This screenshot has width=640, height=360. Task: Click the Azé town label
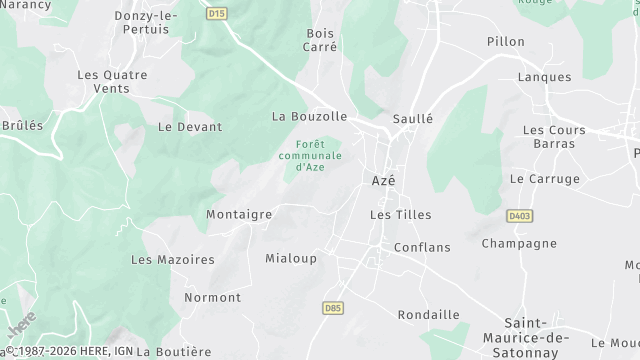[x=383, y=180]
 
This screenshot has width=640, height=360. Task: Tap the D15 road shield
[x=218, y=14]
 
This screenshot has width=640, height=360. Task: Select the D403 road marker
[x=518, y=215]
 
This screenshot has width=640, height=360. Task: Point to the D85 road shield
[x=334, y=309]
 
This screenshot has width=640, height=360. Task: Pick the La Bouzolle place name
[x=309, y=116]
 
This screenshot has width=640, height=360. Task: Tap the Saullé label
[x=413, y=118]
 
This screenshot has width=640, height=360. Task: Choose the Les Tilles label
[x=393, y=215]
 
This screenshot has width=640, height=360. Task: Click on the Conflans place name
[x=422, y=247]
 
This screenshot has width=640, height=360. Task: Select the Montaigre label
[x=239, y=214]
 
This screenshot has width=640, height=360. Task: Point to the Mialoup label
[x=291, y=258]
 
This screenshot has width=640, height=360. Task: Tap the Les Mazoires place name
[x=173, y=259]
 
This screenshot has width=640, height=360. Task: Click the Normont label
[x=212, y=297]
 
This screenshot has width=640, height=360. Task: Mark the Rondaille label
[x=428, y=314]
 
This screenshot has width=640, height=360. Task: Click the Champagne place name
[x=519, y=243]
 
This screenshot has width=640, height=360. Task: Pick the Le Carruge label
[x=544, y=179]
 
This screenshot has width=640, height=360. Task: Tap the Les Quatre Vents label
[x=112, y=81]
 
